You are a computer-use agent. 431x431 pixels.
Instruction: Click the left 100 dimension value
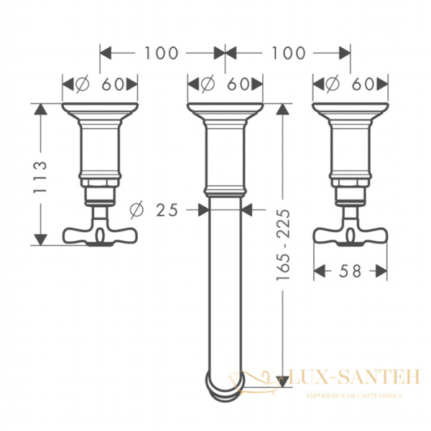pos(162,53)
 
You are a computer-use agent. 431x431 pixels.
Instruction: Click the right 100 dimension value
pos(289,53)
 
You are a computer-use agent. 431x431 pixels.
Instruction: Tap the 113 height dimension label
pos(40,177)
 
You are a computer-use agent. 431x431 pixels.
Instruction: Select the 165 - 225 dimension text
pos(283,245)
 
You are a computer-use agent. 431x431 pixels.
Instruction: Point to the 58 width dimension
pos(350,272)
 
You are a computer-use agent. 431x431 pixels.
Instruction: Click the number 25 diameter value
pos(167,210)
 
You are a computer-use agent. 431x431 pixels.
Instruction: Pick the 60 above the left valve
pos(113,84)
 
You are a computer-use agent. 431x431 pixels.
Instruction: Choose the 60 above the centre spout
pos(238,84)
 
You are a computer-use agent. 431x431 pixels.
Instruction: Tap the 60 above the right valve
pos(363,84)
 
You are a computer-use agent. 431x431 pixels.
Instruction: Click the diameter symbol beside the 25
pos(136,210)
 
